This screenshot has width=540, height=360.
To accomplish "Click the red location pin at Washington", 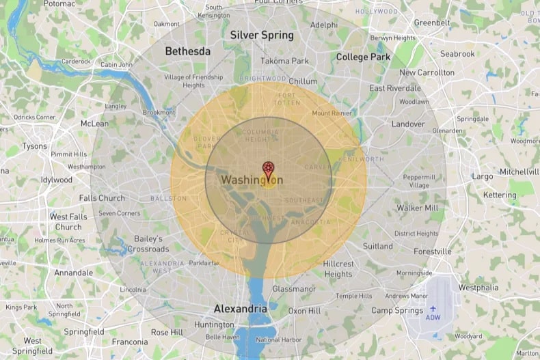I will coord(269,168).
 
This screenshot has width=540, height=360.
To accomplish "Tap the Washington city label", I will coord(252,180).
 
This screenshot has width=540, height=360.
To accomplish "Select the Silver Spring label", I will coord(262,35).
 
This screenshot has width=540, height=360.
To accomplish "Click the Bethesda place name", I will coord(187,51).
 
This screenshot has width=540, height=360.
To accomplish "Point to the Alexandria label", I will coord(240,309).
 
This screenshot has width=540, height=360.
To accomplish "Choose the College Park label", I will coord(363,57).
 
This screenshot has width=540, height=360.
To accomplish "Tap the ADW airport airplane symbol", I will coord(433,308).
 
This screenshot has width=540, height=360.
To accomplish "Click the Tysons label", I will coord(34,146).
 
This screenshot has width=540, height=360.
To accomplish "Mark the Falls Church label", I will coord(102,198).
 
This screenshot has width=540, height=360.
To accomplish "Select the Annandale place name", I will coord(74,273).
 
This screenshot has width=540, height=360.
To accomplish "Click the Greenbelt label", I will coord(432,23).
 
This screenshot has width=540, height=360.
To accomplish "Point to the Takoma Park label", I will coord(284,61).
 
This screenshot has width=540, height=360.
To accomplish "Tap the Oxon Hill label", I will coord(304,311).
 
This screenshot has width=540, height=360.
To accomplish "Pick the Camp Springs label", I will coord(397,310).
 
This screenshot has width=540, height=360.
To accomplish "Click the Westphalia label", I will coord(478,288).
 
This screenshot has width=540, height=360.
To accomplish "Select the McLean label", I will coord(94,124).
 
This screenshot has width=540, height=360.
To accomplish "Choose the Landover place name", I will coord(408,124).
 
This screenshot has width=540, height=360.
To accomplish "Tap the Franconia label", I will coord(130,342).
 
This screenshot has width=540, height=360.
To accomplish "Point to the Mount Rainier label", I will coord(332,113).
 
